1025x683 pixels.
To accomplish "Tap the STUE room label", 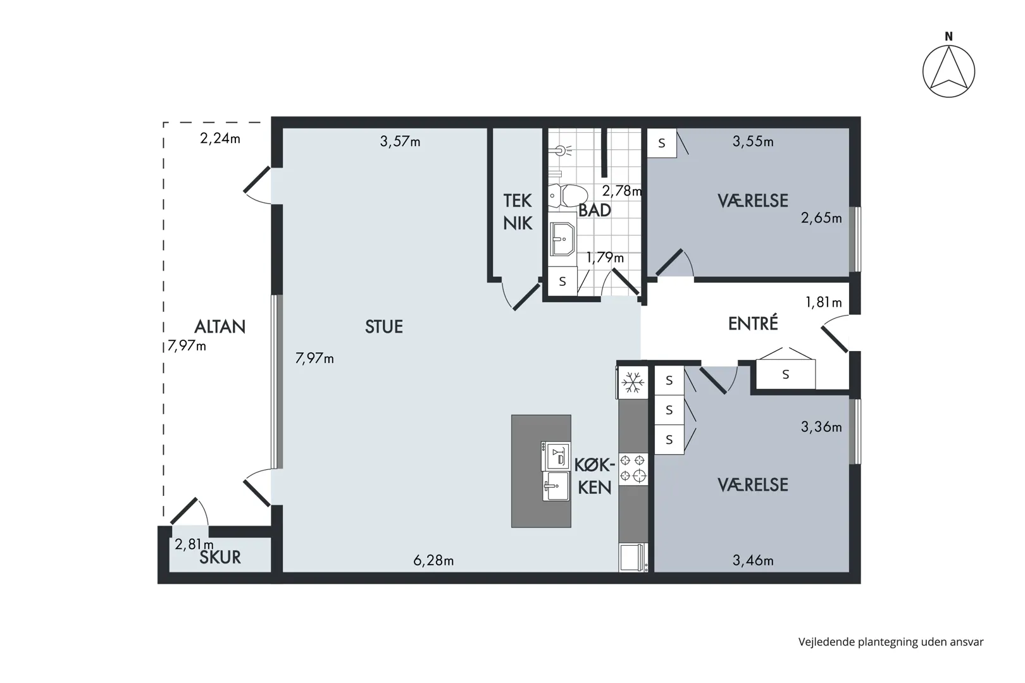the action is coord(383,326).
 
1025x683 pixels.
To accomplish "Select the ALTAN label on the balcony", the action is coord(220,326).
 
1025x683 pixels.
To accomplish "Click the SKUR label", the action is coord(220,557).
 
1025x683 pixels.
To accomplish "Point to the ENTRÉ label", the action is coord(753,323).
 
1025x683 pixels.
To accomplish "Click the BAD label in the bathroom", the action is coord(594,211).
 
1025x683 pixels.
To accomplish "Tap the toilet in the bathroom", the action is coord(568,196).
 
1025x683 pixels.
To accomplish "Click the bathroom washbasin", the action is coord(562,239).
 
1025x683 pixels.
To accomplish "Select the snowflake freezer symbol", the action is coord(633,383).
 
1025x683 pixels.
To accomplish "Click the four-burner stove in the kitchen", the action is coord(633,469).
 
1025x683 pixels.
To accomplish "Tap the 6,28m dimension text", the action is coord(433,560).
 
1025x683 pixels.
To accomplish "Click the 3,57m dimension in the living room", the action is coord(400,142).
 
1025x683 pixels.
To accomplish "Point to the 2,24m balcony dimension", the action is coord(220,138).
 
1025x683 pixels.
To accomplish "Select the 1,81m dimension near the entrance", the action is coord(823,302).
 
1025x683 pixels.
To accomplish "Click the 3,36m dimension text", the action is coord(821,427).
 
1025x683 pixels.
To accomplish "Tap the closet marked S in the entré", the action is coord(785,374).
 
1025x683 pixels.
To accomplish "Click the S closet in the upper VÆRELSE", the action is coord(662,143).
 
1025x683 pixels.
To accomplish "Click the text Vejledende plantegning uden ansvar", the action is coord(891,642).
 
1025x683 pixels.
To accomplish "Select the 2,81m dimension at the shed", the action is coord(194,544).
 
